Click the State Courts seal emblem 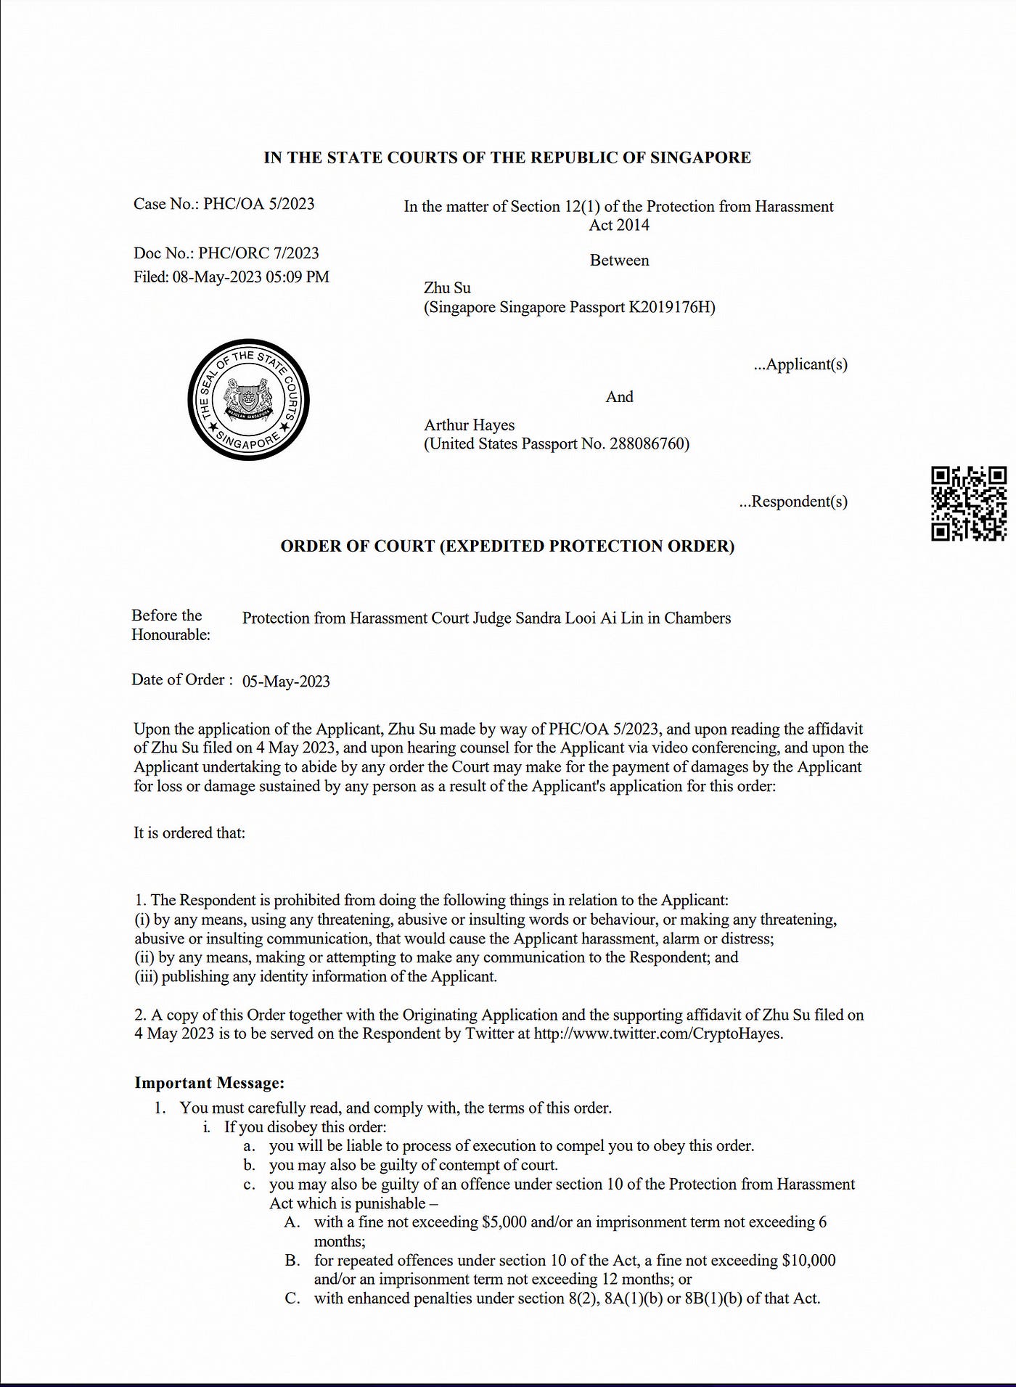[x=248, y=400]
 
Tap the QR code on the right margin [x=969, y=504]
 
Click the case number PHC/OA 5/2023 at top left [x=258, y=204]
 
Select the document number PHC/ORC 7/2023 [x=258, y=253]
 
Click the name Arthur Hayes [x=469, y=425]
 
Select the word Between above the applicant [x=619, y=261]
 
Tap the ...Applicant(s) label [x=800, y=364]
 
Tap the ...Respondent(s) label [x=793, y=502]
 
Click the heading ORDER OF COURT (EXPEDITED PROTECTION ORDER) [x=507, y=547]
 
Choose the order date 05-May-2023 [x=286, y=682]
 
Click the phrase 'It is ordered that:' [x=189, y=833]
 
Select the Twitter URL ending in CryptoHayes [x=658, y=1034]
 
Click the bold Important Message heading [x=209, y=1083]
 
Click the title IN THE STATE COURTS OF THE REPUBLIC [x=507, y=157]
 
